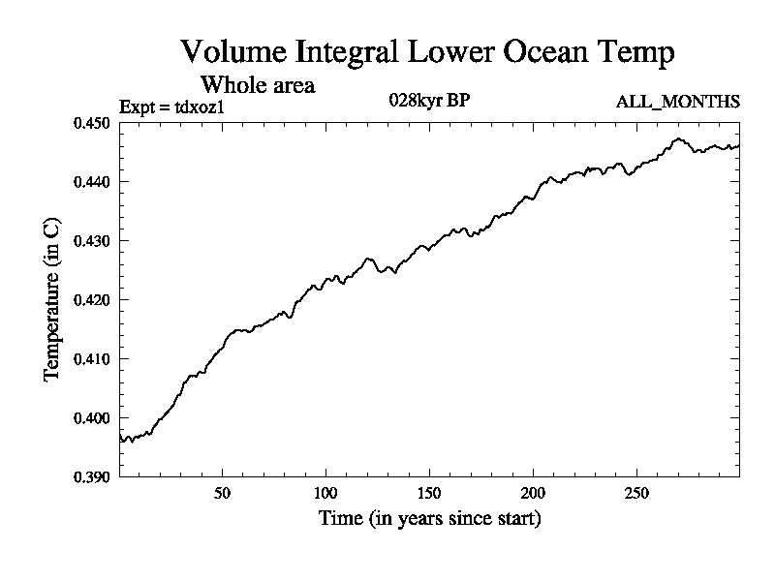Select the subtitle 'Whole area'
click(257, 84)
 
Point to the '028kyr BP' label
click(430, 100)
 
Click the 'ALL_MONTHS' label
click(678, 101)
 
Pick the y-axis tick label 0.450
click(92, 123)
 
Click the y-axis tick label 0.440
click(92, 182)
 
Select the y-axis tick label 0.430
click(92, 241)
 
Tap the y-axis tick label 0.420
click(92, 300)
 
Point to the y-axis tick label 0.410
click(92, 359)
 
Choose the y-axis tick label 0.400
click(92, 418)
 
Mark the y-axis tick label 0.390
click(92, 476)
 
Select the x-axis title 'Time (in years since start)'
click(429, 519)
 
